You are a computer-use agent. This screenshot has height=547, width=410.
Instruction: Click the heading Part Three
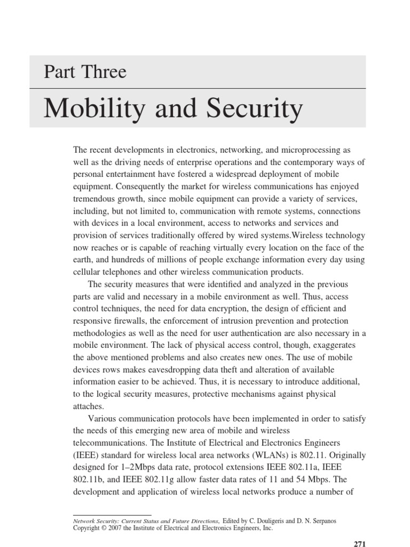[x=85, y=72]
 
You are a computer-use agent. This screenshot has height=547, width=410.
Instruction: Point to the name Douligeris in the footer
[x=280, y=520]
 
